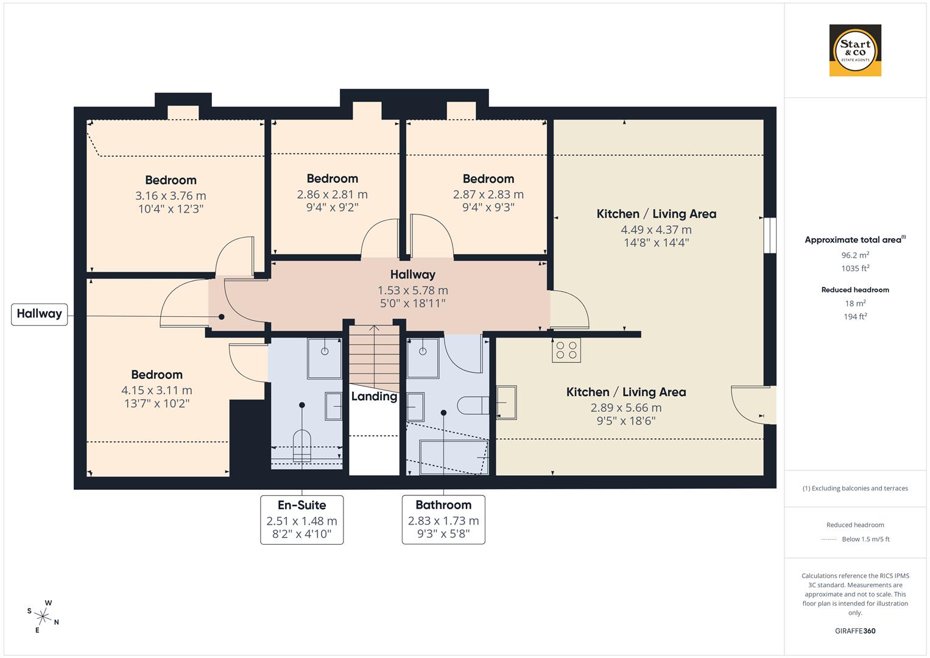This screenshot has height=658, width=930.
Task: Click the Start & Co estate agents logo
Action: pyautogui.click(x=854, y=51)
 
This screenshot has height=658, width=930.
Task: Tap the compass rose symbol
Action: pyautogui.click(x=43, y=616)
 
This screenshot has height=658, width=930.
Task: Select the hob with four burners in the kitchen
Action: pyautogui.click(x=566, y=350)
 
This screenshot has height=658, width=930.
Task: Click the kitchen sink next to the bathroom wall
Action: pyautogui.click(x=507, y=403)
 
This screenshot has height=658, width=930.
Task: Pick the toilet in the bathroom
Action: pyautogui.click(x=473, y=405)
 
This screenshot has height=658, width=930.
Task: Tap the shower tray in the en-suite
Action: pyautogui.click(x=325, y=358)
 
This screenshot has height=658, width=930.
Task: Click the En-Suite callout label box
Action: pyautogui.click(x=301, y=520)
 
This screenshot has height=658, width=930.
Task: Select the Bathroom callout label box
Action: pyautogui.click(x=443, y=520)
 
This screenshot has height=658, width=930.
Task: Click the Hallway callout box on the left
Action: pyautogui.click(x=39, y=314)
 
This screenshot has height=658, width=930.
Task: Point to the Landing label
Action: pyautogui.click(x=374, y=397)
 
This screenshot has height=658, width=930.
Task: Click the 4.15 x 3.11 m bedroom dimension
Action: pyautogui.click(x=157, y=391)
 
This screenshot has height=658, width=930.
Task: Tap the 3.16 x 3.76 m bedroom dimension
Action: pyautogui.click(x=171, y=196)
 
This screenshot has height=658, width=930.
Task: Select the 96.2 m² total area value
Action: pyautogui.click(x=854, y=255)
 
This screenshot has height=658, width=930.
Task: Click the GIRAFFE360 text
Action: pyautogui.click(x=854, y=631)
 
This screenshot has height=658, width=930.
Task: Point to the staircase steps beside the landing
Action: pyautogui.click(x=374, y=356)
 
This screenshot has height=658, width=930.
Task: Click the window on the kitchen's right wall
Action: pyautogui.click(x=770, y=235)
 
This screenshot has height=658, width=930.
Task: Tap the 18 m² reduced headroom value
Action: pyautogui.click(x=854, y=303)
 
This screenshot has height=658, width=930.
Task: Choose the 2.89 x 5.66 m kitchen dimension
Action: pyautogui.click(x=625, y=408)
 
